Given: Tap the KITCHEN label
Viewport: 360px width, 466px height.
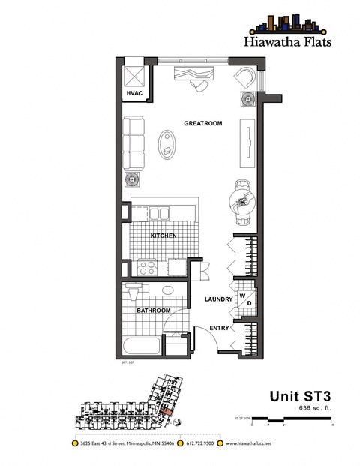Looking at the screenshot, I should tap(163, 236).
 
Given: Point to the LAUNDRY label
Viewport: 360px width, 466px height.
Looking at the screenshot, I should tap(219, 299).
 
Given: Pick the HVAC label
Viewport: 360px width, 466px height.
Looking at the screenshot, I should tap(133, 94).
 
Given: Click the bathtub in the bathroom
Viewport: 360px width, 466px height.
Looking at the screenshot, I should tap(141, 347).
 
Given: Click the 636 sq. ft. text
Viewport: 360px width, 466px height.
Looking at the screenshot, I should tap(315, 408).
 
